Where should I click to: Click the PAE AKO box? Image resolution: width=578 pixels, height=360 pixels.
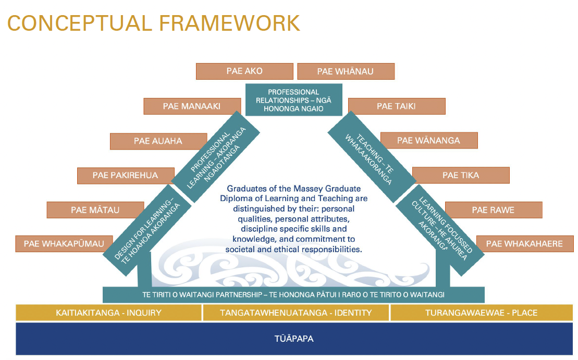(244, 71)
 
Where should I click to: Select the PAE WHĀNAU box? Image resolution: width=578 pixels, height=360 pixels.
(346, 71)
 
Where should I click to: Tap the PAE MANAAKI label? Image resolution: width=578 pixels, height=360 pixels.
(191, 106)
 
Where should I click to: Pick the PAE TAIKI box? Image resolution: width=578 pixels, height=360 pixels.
(396, 106)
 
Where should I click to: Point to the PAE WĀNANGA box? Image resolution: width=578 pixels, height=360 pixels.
(428, 140)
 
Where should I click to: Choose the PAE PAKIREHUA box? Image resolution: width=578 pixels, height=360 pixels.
(125, 176)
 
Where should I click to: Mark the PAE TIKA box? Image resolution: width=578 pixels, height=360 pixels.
(461, 175)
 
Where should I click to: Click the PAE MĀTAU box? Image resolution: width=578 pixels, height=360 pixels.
(95, 210)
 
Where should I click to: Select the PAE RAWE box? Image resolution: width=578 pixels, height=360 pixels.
(493, 210)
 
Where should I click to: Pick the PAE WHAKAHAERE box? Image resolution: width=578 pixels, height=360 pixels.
(524, 243)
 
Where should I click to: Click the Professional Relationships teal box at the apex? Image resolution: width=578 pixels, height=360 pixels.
(294, 100)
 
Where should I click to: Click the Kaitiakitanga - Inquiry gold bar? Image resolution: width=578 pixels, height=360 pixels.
(108, 313)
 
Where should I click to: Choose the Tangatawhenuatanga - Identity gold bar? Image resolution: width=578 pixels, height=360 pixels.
(296, 313)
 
